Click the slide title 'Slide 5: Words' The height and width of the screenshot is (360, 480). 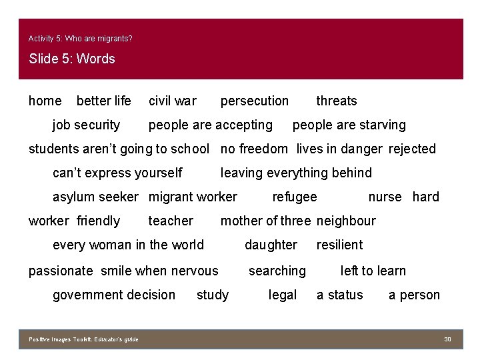tap(72, 59)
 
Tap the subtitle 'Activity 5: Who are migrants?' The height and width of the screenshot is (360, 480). tap(81, 39)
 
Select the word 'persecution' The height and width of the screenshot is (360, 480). tap(255, 101)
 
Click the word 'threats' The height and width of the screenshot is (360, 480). tap(337, 101)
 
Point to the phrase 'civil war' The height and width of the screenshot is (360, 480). tap(173, 101)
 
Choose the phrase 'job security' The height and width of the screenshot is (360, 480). tap(87, 125)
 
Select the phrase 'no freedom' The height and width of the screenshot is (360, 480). tap(254, 149)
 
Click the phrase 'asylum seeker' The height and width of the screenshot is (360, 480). tap(95, 197)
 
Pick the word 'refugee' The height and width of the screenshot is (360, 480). tap(295, 197)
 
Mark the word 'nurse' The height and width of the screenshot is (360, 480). tap(385, 197)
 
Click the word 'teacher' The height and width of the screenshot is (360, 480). tap(171, 221)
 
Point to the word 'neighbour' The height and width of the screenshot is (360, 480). tap(346, 221)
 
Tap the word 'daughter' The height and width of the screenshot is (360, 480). tap(271, 245)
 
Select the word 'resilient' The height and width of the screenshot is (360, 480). tap(339, 245)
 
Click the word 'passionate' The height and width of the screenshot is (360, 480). tap(61, 271)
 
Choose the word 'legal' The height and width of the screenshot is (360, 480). tap(283, 295)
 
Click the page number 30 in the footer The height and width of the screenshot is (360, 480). tap(448, 340)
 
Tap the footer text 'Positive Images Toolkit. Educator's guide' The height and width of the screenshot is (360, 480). tap(84, 340)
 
